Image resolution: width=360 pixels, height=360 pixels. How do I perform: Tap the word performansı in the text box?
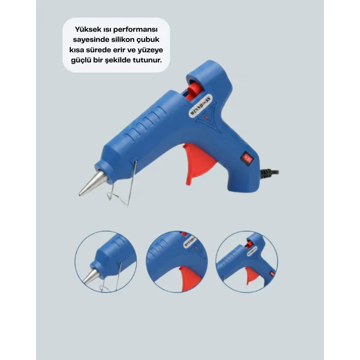135,30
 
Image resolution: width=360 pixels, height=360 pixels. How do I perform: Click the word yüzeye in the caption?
150,50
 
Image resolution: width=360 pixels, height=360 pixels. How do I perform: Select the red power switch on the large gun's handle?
247,158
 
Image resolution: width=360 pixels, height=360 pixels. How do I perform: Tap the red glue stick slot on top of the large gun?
194,91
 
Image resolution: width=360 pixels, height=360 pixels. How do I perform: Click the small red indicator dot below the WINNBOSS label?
206,117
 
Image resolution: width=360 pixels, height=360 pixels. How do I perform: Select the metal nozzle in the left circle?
92,276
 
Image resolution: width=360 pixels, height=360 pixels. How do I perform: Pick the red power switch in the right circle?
272,274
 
